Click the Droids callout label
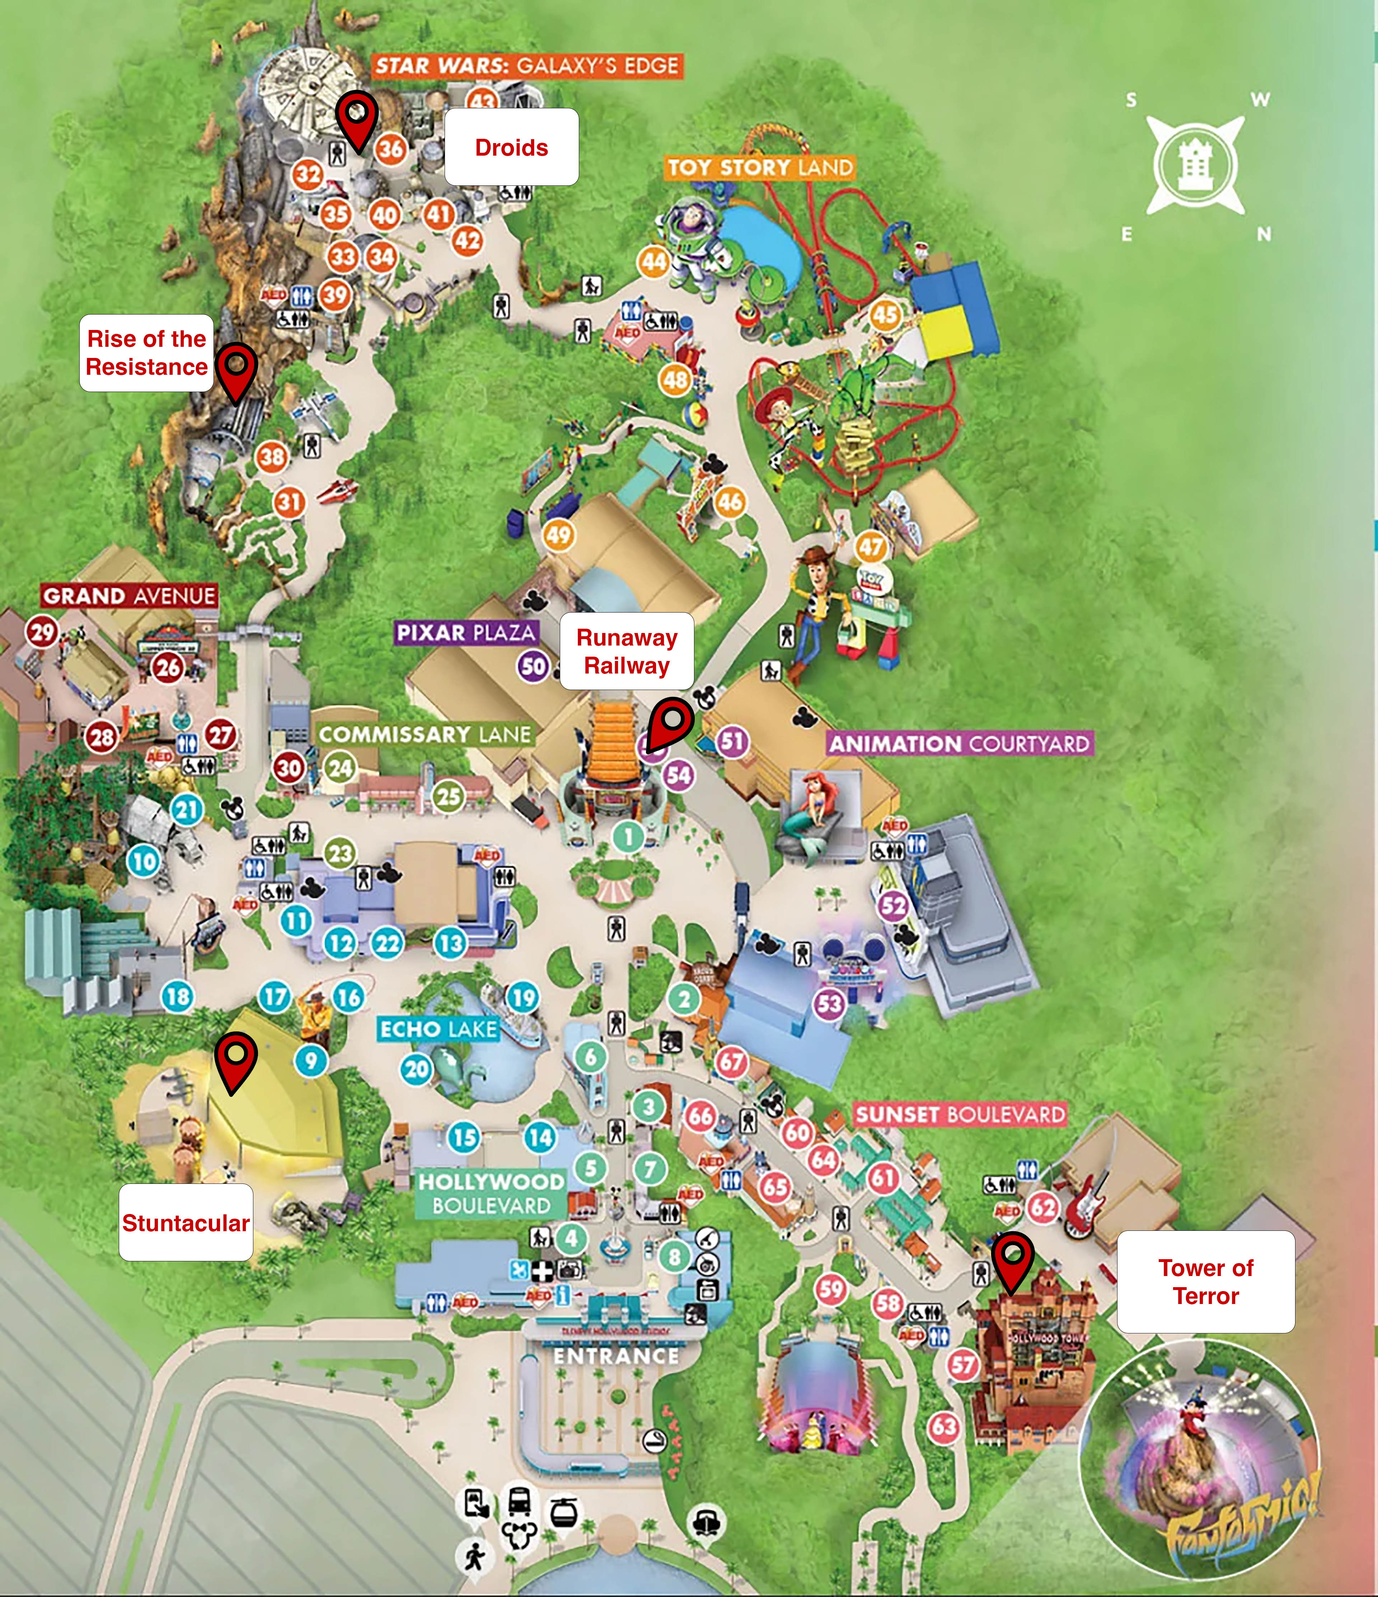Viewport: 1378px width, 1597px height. click(x=511, y=147)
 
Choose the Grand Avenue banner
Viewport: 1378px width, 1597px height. click(x=129, y=596)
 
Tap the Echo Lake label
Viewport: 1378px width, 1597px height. click(x=438, y=1029)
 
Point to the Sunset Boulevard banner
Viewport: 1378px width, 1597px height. click(x=960, y=1115)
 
